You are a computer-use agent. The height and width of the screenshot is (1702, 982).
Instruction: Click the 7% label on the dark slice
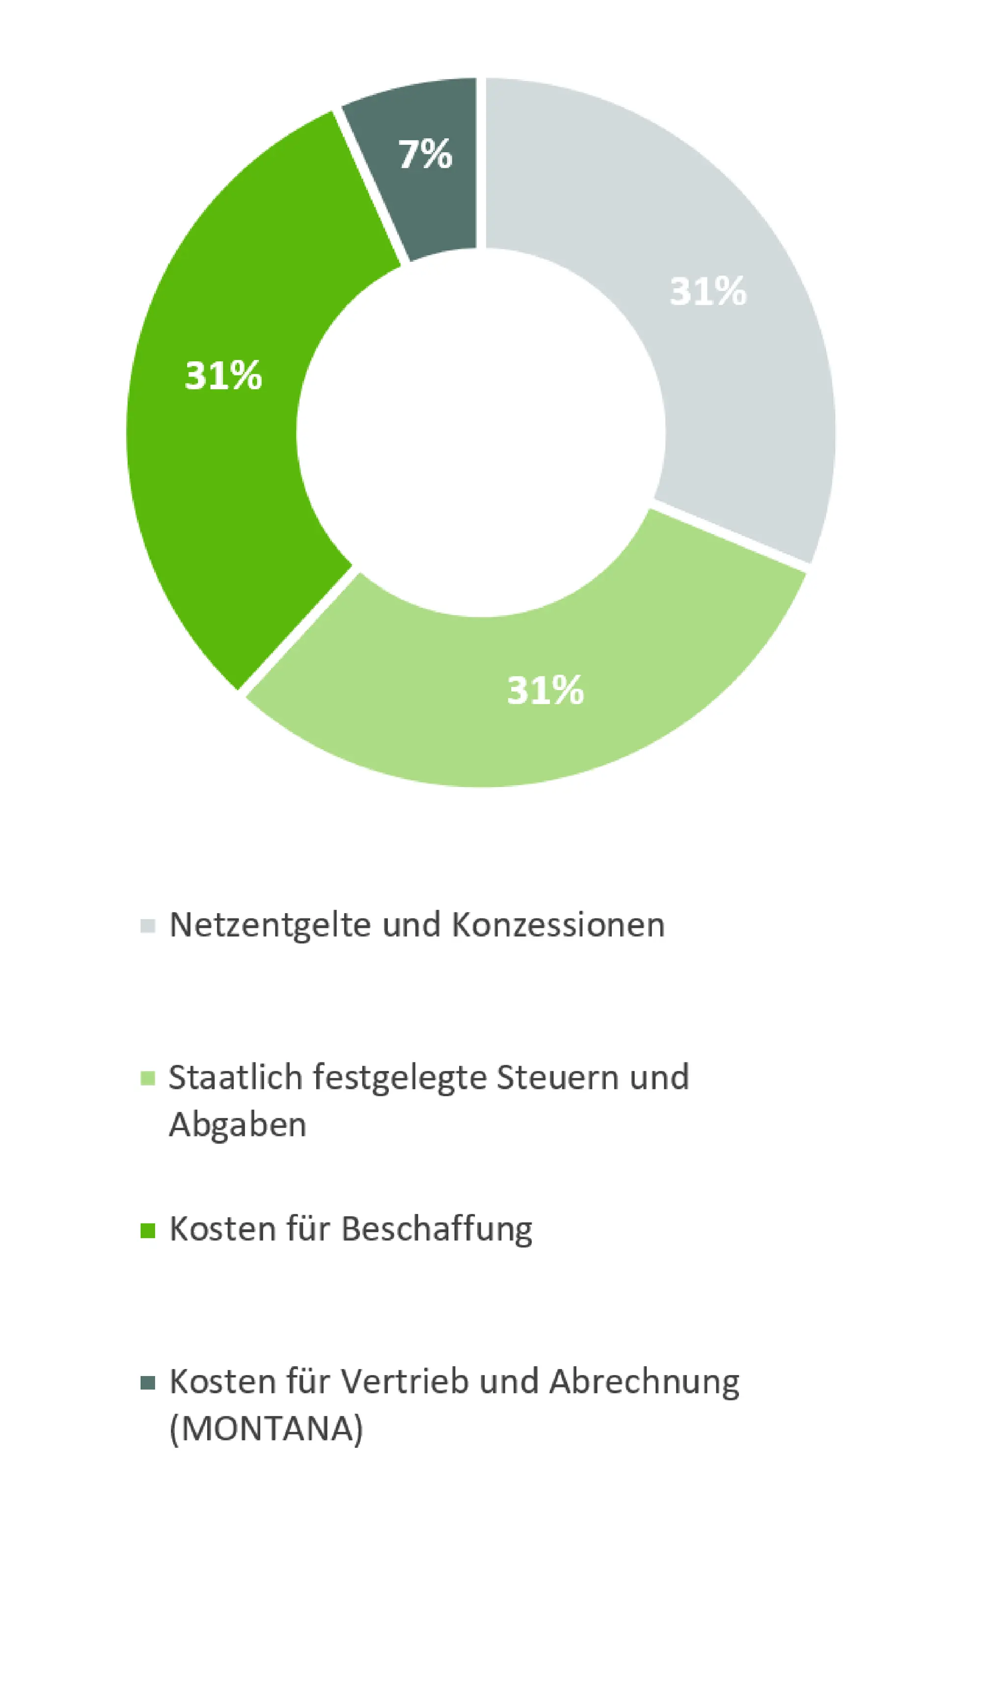pos(425,155)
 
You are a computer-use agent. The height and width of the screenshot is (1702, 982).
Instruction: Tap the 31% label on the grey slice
pos(708,291)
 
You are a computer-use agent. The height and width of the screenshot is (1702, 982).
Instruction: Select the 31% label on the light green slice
pos(545,691)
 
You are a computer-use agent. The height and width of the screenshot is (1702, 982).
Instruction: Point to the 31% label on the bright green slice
pos(223,376)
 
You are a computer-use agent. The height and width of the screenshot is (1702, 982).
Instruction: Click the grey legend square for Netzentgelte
pos(148,926)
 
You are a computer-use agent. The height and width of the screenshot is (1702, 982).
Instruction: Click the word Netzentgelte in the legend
pos(270,924)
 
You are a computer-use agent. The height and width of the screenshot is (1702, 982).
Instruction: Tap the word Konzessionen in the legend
pos(558,924)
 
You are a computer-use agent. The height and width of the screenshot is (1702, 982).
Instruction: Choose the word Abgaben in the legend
pos(238,1125)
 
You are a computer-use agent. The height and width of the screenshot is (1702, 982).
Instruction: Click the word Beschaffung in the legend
pos(436,1229)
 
